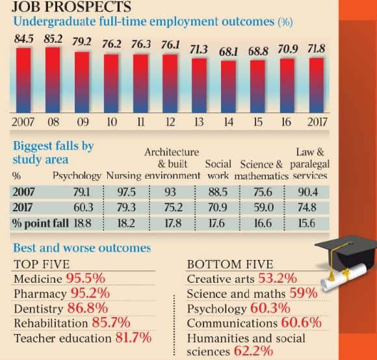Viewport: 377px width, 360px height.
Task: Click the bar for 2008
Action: (x=53, y=80)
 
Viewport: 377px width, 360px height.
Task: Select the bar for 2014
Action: (x=228, y=87)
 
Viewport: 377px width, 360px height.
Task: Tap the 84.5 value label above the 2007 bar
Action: (x=23, y=39)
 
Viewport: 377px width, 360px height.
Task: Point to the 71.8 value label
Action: (x=317, y=49)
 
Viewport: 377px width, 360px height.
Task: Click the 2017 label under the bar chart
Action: (x=317, y=122)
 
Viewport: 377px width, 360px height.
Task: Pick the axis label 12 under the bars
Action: (x=170, y=122)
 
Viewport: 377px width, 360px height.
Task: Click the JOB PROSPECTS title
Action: (x=71, y=6)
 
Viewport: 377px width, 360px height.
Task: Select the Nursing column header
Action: (x=123, y=175)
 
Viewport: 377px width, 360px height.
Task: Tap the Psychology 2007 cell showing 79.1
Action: (x=81, y=192)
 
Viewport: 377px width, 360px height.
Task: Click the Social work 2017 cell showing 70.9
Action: (x=217, y=207)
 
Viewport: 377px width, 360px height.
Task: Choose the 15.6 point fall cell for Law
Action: (x=307, y=224)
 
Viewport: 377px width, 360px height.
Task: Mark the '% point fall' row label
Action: (x=41, y=224)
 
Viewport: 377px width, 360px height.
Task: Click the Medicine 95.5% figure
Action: (x=86, y=278)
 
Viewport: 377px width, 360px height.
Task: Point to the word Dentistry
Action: (x=38, y=309)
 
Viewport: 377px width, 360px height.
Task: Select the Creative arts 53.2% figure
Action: (x=278, y=278)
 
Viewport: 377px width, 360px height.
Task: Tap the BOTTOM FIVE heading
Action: (x=230, y=264)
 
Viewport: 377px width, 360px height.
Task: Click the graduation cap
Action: (x=346, y=252)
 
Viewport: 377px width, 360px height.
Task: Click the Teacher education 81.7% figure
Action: (x=133, y=337)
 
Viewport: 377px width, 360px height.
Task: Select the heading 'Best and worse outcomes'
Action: (x=82, y=248)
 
